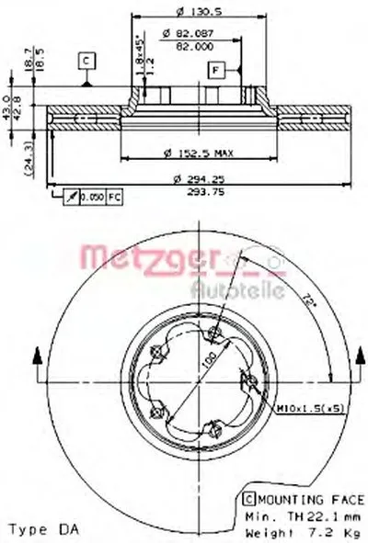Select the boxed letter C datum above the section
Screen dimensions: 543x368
[x=86, y=61]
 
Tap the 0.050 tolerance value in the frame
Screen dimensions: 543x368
[x=90, y=198]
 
